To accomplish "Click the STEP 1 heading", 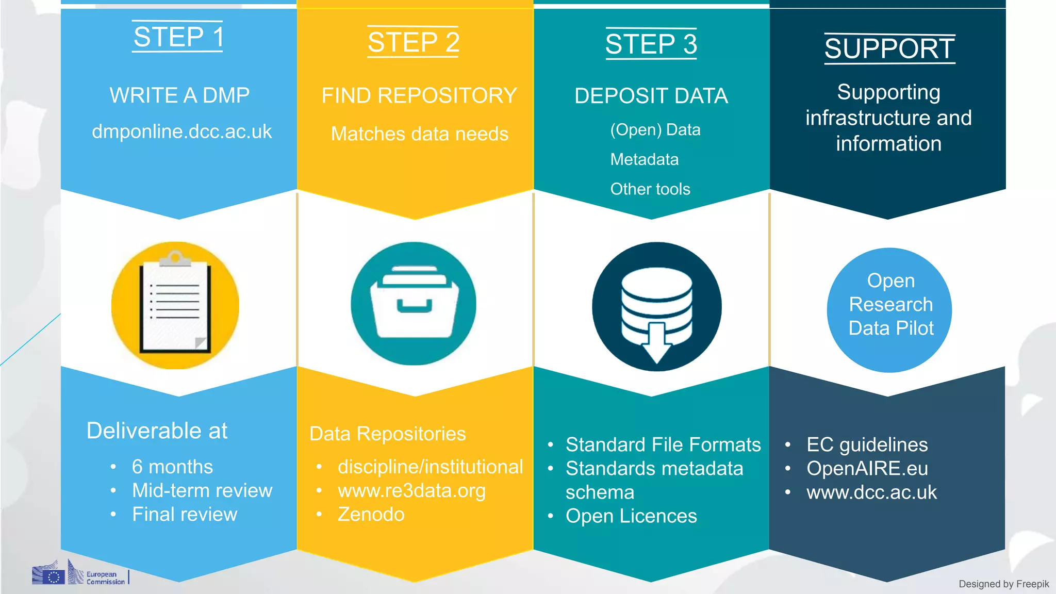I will coord(178,37).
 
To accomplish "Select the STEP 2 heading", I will coord(414,42).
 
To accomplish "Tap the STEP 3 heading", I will coord(651,44).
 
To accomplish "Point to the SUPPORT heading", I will coord(889,49).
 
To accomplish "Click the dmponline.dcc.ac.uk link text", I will coord(181,131).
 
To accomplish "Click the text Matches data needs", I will coord(419,134).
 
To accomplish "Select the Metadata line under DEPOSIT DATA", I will coord(644,159).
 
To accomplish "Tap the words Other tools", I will coord(650,189).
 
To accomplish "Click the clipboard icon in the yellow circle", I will coord(175,305).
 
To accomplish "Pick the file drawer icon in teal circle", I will coord(414,304).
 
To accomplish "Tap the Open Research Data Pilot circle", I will coord(890,310).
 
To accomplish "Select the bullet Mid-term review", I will coord(202,490).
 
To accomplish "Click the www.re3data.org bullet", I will coord(411,490).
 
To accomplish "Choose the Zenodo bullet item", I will coord(371,515).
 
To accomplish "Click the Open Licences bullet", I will coord(631,516).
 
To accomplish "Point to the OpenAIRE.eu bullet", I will coord(867,469).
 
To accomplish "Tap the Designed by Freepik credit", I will coord(1003,584).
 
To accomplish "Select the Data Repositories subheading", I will coord(387,434).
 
